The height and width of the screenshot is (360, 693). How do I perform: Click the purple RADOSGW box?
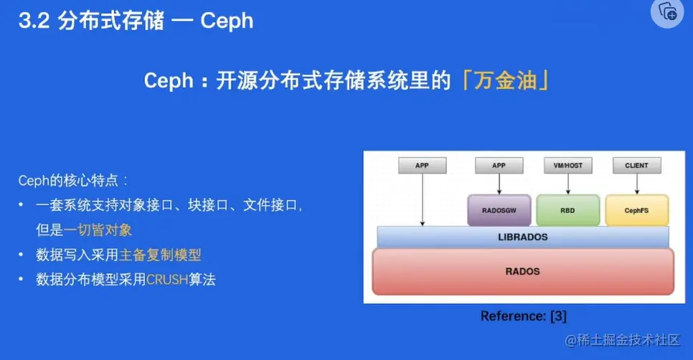(499, 210)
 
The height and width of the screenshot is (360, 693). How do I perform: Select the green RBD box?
(568, 210)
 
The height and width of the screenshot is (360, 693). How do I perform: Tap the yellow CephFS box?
(637, 210)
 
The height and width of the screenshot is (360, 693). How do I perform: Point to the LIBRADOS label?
(523, 237)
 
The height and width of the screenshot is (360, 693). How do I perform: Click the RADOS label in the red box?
(523, 271)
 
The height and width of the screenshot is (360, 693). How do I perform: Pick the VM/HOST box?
(568, 165)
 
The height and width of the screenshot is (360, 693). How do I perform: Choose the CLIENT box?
(637, 165)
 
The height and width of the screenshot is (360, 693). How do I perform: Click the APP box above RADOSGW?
(499, 165)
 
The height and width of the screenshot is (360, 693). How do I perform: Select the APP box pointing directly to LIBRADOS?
(422, 165)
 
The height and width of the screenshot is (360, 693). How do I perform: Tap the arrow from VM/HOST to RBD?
(568, 184)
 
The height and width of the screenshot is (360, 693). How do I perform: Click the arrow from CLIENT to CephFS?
(637, 184)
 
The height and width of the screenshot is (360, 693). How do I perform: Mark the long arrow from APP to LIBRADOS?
(423, 200)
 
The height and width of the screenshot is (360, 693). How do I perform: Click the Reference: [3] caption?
(523, 316)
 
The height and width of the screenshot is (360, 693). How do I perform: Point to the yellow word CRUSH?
(167, 280)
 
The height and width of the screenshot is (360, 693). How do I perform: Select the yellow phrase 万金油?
(505, 81)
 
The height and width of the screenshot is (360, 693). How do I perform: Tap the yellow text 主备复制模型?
(160, 255)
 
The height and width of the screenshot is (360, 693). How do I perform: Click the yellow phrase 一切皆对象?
(98, 230)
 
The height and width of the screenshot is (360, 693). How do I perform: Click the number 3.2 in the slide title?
(34, 21)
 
